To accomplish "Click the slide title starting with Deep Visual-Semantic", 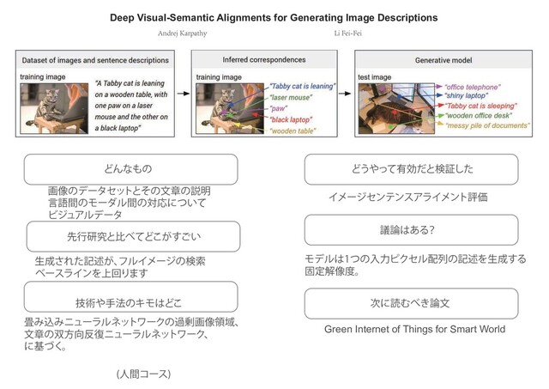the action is click(274, 17).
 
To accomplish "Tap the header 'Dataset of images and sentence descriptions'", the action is click(94, 61).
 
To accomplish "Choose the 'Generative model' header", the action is click(444, 61).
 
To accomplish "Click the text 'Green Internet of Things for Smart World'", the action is click(414, 330).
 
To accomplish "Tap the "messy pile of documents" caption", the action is click(487, 125).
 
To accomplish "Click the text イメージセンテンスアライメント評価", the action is click(408, 198).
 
